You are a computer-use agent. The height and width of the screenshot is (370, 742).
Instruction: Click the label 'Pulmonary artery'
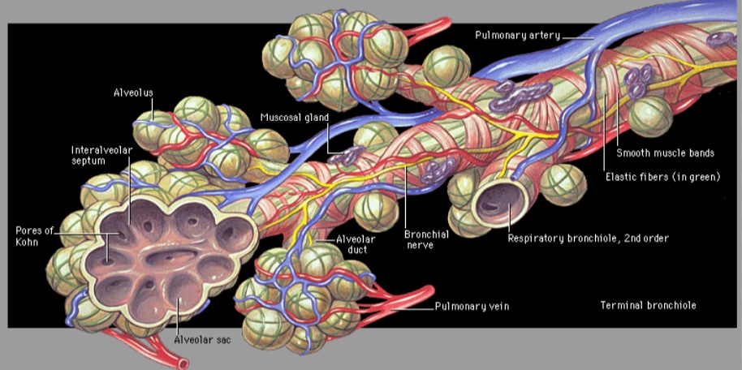(x=518, y=35)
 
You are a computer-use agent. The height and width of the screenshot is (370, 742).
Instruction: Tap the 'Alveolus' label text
(x=133, y=92)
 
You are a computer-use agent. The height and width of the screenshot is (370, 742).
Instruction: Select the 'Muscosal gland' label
(x=295, y=118)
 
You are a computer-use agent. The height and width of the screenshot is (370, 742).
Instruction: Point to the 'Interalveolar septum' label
(x=101, y=155)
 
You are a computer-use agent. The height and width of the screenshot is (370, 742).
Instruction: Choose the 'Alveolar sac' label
(x=202, y=339)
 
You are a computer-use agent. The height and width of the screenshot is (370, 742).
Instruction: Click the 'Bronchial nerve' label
(x=419, y=239)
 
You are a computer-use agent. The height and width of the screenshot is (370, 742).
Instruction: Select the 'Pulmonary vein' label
(x=472, y=306)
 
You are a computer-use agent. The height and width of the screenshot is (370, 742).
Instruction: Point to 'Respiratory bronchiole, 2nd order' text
(x=589, y=238)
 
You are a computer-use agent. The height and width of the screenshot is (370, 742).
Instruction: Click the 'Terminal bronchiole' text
(x=649, y=305)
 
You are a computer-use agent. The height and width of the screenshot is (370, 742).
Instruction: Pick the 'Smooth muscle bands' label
(x=665, y=153)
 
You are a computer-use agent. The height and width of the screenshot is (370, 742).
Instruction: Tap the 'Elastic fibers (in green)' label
(x=663, y=177)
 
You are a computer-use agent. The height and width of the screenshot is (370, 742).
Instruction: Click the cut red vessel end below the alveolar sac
(x=182, y=363)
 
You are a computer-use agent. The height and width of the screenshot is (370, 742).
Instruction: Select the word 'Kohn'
(x=28, y=241)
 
